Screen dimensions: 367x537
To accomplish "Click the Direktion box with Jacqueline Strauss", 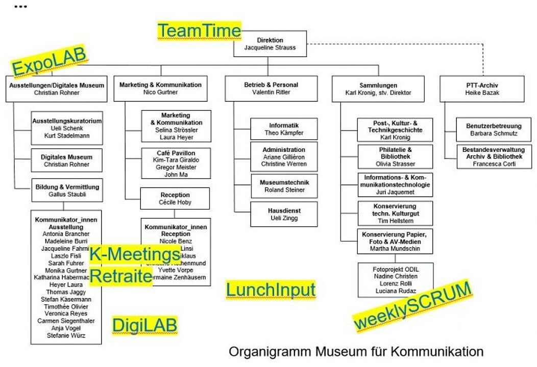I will coord(270,44).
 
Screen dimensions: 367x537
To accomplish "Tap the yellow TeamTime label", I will coord(199,31).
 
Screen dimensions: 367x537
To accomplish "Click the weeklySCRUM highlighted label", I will coord(412,305).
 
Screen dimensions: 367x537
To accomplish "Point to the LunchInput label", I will coord(271,290).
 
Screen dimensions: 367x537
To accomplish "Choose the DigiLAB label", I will coord(145,325).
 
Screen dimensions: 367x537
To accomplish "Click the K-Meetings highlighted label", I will coord(135,254).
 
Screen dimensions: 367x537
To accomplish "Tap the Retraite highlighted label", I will coord(121,277).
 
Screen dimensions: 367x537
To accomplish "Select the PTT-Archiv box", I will coord(481,89).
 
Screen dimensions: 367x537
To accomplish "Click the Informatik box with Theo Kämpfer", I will coord(284,129).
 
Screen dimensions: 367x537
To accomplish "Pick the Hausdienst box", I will coord(284,214).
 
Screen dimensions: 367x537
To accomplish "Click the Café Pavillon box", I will coord(176,163).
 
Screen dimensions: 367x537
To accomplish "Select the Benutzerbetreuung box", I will coord(486,129).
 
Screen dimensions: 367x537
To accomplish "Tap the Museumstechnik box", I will coord(284,186).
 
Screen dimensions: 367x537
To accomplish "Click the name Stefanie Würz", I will coord(66,335).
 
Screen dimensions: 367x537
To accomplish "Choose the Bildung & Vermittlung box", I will coord(66,191).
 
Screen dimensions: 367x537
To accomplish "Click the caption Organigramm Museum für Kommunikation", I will coord(355,352).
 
